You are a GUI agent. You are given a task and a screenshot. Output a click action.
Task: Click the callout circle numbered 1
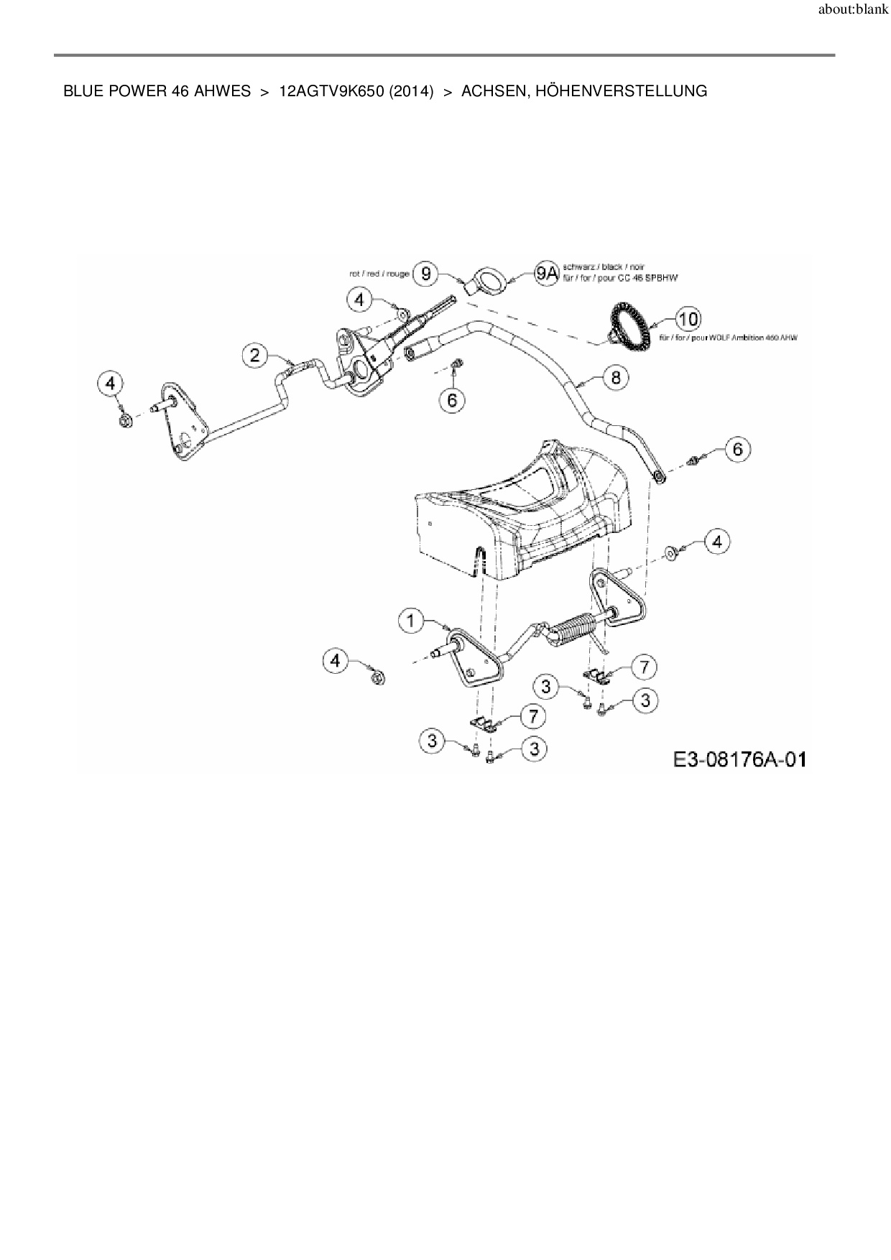(x=411, y=621)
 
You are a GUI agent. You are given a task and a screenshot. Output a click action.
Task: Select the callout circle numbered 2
(x=255, y=355)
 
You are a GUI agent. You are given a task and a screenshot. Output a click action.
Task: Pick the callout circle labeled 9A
(x=547, y=273)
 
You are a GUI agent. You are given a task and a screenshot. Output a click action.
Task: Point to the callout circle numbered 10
(x=688, y=319)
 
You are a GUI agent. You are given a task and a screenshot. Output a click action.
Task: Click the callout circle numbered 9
(x=427, y=273)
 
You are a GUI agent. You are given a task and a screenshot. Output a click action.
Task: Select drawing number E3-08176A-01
(x=739, y=759)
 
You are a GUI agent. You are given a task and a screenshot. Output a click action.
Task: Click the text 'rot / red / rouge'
(x=379, y=274)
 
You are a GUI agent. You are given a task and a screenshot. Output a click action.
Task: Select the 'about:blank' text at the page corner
(x=853, y=10)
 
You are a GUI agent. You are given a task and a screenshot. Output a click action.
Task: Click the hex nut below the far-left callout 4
(x=123, y=420)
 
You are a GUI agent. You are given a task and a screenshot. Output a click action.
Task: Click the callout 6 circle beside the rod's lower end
(x=737, y=450)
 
